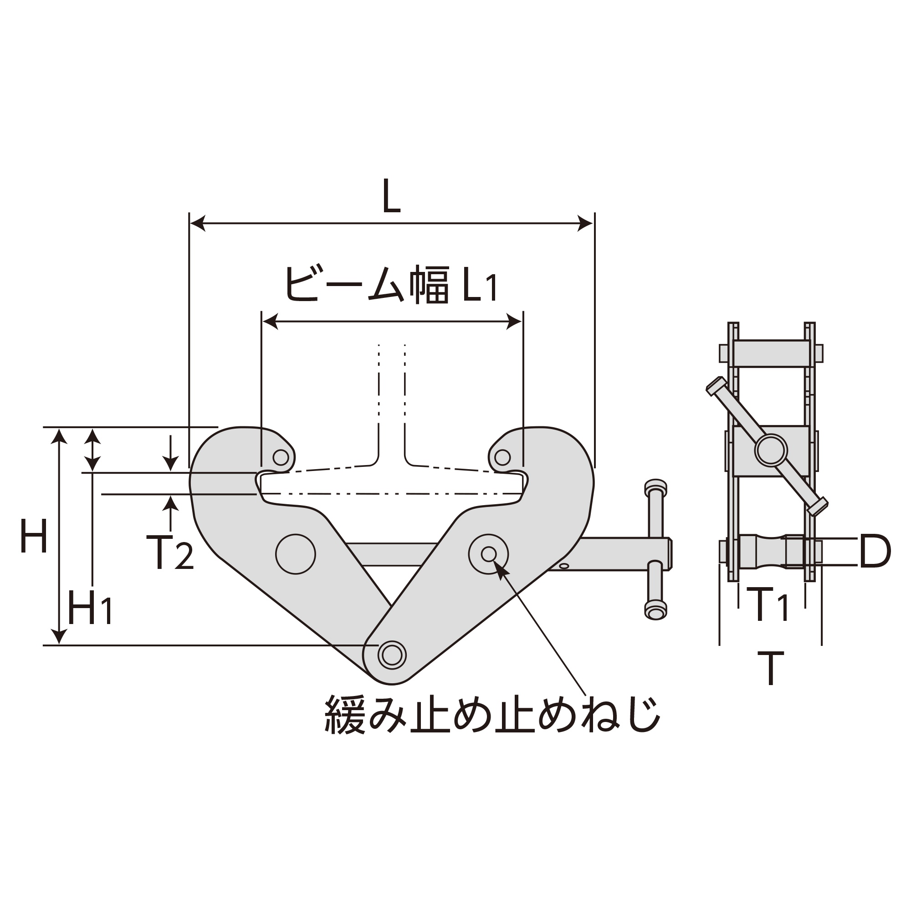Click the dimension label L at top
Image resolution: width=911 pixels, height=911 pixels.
coord(391,197)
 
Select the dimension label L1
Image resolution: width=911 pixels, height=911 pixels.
coord(480,285)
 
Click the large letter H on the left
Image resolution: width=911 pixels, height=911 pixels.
coord(34,536)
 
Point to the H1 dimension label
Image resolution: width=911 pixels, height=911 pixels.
coord(90,608)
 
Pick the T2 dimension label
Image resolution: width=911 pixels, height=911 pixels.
coord(170,553)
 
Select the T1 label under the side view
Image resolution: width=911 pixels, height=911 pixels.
coord(770,604)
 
